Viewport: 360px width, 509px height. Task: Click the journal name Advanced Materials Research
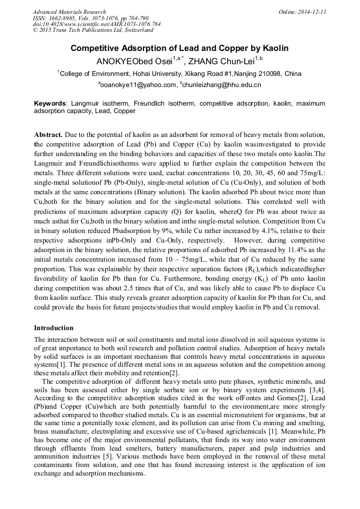(x=70, y=12)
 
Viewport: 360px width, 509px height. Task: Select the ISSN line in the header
(x=89, y=18)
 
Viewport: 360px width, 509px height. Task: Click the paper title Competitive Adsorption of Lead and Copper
(x=179, y=48)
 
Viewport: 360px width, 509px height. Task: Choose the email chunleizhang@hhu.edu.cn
(x=222, y=85)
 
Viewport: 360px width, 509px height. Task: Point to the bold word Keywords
(x=50, y=103)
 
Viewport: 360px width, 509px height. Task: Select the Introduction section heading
(x=54, y=328)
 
